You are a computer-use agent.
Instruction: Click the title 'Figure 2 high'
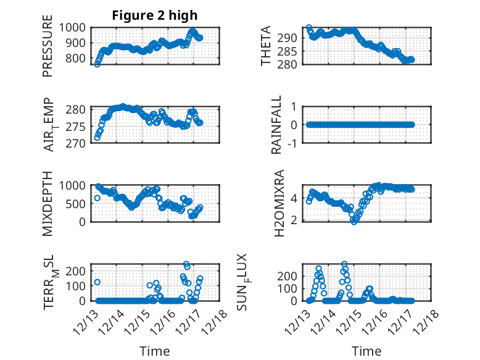coord(155,15)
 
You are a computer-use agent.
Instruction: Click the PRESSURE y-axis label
coord(48,51)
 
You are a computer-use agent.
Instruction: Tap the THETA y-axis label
coord(266,46)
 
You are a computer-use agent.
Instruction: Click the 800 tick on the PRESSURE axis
coord(78,59)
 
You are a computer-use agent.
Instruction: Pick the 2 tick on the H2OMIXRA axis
coord(296,219)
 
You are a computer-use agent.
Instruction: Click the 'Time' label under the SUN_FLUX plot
coord(366,351)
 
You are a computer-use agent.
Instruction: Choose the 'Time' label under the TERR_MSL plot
coord(155,351)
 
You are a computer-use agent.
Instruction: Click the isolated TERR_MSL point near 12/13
coord(97,282)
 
